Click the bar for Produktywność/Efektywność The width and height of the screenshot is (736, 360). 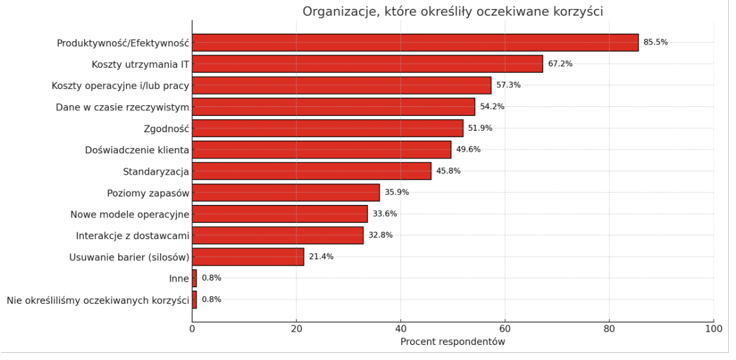(x=415, y=43)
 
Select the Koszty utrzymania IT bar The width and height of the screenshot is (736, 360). (x=367, y=64)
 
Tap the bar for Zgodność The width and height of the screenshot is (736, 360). (x=328, y=128)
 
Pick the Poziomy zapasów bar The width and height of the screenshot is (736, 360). (x=286, y=192)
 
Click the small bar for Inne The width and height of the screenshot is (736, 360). (x=194, y=278)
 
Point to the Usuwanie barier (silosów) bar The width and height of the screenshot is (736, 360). (x=248, y=257)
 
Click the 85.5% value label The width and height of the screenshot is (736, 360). (x=655, y=43)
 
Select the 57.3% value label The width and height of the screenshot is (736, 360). (x=508, y=85)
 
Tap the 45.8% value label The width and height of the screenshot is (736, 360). (x=448, y=171)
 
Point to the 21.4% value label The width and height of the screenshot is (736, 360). (x=321, y=257)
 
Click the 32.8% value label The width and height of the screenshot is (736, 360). (x=380, y=236)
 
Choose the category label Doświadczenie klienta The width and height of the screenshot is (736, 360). (x=137, y=150)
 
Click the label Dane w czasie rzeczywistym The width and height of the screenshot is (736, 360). (x=123, y=107)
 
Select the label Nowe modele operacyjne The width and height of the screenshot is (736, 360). (x=130, y=214)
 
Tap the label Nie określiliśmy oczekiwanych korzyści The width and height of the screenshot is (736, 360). (x=98, y=300)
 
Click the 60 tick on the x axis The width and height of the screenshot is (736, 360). (x=505, y=329)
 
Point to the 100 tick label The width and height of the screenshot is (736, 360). (x=714, y=329)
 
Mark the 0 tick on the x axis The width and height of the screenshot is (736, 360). (x=192, y=329)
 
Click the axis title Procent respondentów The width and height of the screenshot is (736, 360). (x=453, y=342)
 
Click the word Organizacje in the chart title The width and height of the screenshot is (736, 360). (x=337, y=11)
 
